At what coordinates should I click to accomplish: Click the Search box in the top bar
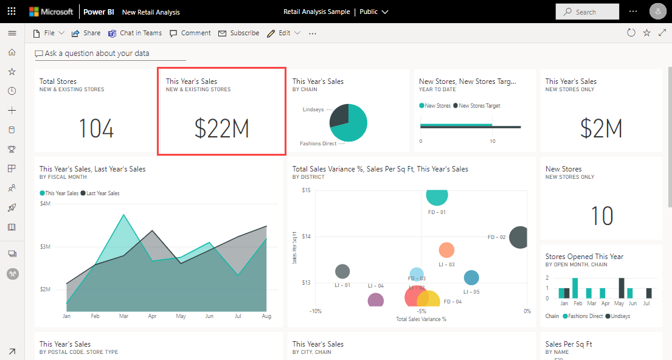point(587,12)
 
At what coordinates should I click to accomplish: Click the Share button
point(86,33)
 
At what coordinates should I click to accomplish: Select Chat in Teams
point(135,33)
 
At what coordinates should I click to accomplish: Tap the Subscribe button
point(239,33)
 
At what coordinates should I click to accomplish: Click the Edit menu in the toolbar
point(284,33)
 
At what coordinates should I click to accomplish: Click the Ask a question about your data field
point(110,54)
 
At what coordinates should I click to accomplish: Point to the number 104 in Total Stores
point(96,128)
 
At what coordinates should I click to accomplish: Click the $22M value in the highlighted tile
point(221,128)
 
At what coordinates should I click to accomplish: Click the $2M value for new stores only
point(601,128)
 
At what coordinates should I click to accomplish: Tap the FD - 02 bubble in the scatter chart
point(519,237)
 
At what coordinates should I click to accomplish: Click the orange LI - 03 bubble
point(446,250)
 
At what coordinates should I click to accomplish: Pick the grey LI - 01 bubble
point(342,272)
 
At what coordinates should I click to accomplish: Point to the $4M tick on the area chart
point(46,203)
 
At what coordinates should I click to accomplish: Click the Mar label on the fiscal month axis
point(123,316)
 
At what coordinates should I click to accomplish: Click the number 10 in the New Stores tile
point(602,216)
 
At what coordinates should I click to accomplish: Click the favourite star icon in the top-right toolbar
point(646,33)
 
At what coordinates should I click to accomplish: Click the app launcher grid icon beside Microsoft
point(12,12)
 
